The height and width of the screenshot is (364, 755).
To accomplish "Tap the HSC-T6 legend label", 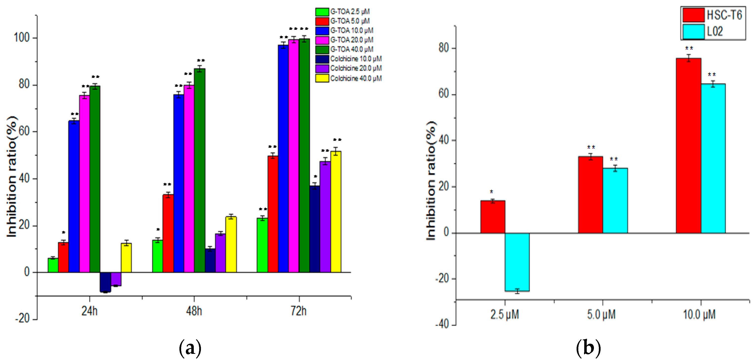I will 724,15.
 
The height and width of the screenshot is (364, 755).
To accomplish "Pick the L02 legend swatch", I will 693,31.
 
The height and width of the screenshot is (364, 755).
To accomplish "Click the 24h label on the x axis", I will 89,311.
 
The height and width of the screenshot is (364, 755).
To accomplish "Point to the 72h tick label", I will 299,311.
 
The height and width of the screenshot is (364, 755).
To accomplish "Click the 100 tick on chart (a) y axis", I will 22,38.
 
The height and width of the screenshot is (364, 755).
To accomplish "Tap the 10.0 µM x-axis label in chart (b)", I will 699,314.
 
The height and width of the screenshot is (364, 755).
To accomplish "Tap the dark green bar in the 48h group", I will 200,170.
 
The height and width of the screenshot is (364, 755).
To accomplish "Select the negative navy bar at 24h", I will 105,282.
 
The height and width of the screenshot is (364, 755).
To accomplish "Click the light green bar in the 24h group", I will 53,265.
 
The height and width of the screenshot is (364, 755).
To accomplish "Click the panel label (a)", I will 190,348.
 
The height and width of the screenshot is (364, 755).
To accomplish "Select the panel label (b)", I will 588,348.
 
